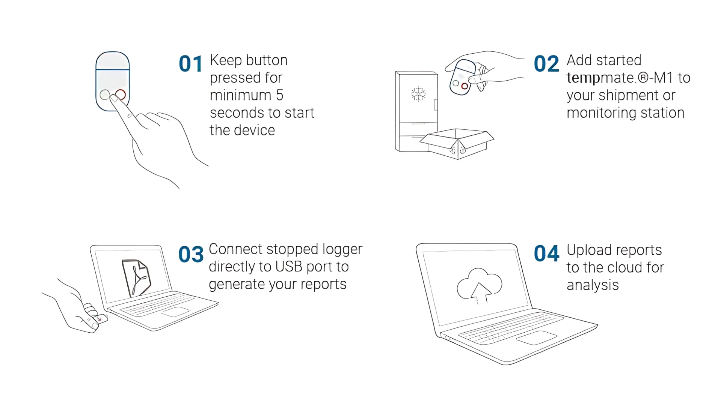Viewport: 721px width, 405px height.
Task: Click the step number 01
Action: point(190,64)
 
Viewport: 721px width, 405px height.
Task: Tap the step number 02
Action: point(546,64)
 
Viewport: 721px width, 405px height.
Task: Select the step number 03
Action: point(191,254)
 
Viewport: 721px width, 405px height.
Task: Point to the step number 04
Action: point(546,253)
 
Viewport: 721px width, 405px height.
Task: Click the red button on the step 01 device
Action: point(121,94)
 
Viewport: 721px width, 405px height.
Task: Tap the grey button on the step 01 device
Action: point(105,94)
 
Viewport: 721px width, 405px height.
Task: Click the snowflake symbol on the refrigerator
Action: point(418,94)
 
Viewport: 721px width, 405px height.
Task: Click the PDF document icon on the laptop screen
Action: point(136,278)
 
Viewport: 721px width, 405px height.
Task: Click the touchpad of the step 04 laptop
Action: point(536,337)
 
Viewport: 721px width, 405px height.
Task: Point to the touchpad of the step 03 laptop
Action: point(175,312)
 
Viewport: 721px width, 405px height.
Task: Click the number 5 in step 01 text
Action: point(279,95)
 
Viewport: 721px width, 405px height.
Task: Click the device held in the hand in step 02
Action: point(463,77)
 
